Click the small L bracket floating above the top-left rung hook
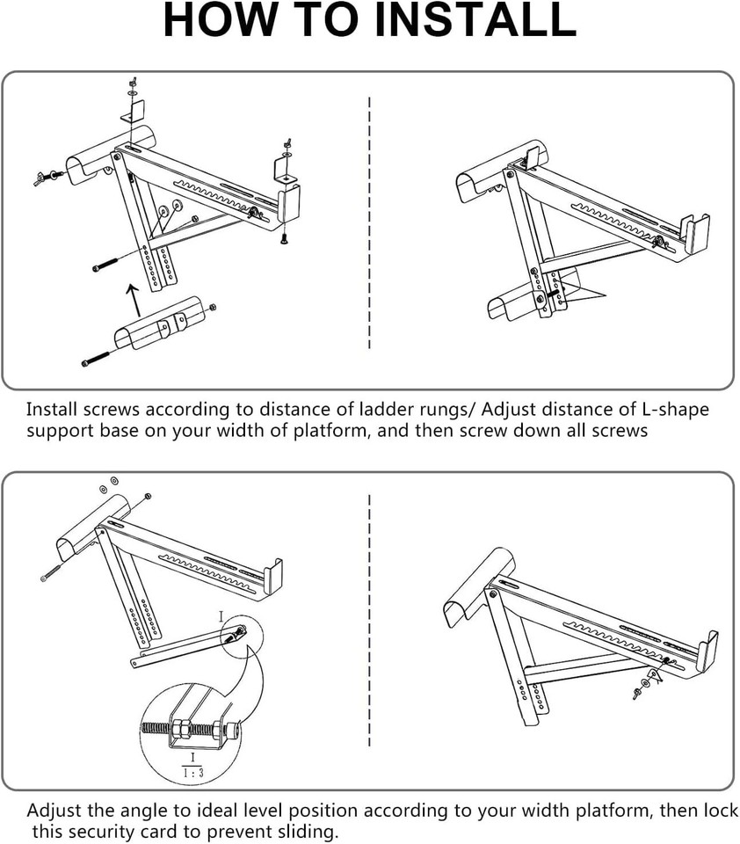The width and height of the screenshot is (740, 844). tap(133, 112)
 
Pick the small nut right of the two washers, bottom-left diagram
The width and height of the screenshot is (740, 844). tap(147, 498)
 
